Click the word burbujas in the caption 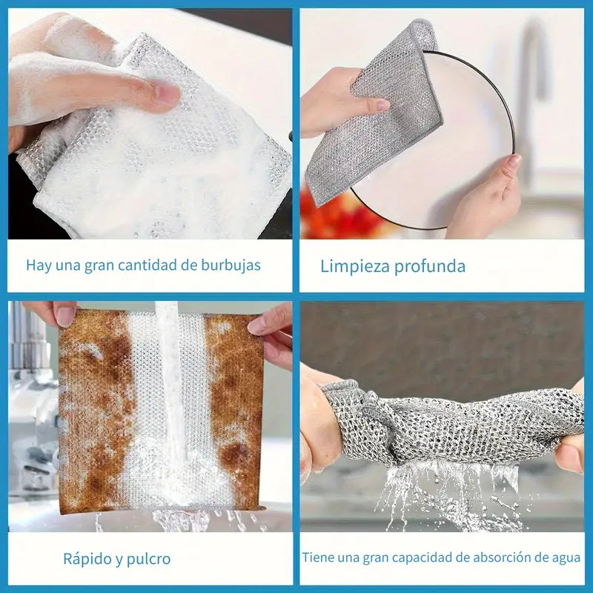(x=231, y=265)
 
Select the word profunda (x=430, y=267)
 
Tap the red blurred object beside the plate (x=333, y=212)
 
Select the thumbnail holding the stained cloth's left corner (x=65, y=316)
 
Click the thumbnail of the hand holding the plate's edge (x=514, y=162)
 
